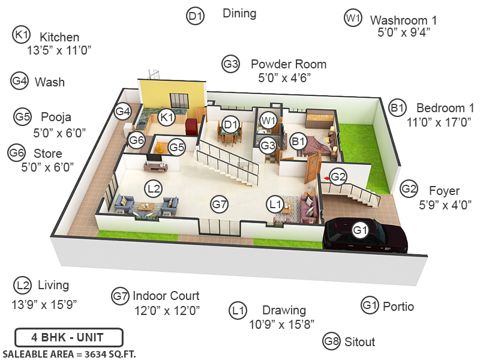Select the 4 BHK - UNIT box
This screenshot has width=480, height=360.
coord(68,338)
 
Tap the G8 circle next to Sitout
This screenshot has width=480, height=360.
coord(332,341)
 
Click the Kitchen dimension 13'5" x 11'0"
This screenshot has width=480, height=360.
coord(59,51)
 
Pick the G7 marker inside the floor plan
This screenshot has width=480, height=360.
coord(220,205)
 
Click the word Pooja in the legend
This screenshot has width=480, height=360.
coord(56,116)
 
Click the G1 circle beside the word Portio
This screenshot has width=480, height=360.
coord(370,306)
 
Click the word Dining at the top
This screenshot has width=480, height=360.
coord(239,13)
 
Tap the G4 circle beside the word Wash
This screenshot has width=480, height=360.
coord(20,81)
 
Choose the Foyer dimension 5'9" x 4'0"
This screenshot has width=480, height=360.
coord(445,205)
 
